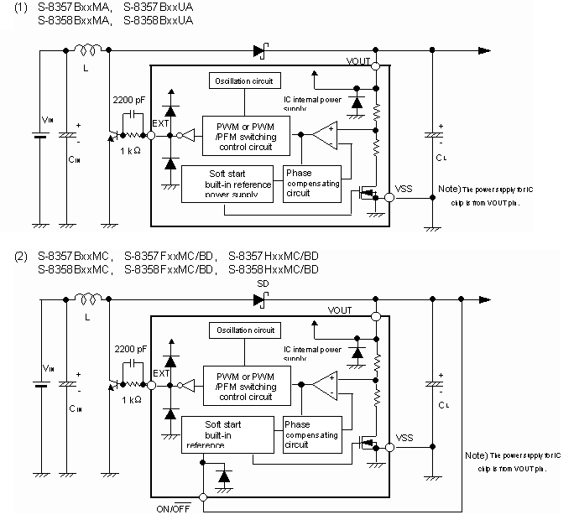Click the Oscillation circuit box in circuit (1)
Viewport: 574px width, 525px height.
244,81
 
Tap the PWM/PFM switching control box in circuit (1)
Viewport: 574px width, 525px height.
245,136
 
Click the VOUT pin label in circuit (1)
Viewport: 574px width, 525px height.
358,61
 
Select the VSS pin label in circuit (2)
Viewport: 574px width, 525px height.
404,438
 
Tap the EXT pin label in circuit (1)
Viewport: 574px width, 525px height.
159,123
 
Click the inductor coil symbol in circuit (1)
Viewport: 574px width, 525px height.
87,52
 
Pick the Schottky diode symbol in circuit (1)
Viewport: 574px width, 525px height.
259,51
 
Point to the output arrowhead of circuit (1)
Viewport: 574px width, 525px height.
485,51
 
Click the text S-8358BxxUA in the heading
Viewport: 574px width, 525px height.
159,20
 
